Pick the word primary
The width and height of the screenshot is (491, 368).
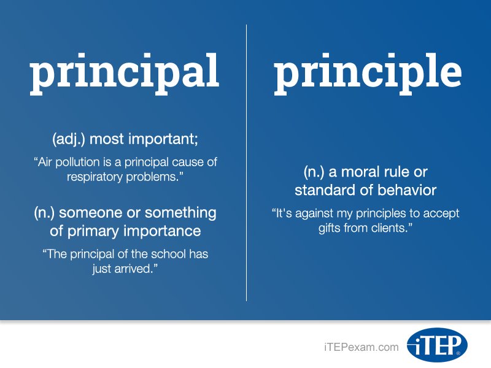91,231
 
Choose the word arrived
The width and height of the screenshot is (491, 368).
131,269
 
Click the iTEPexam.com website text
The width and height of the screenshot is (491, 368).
361,347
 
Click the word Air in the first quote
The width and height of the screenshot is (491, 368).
48,163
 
